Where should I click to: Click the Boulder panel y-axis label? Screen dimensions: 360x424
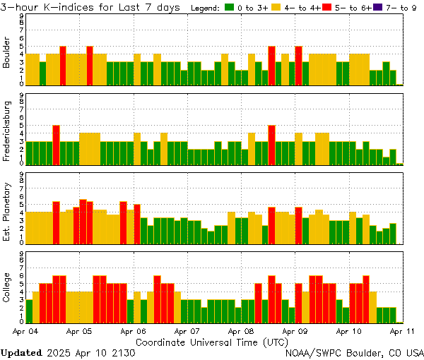[7, 52]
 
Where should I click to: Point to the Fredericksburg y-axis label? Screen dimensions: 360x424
[7, 131]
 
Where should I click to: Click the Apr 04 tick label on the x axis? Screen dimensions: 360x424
[25, 330]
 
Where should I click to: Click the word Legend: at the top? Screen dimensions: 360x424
[206, 8]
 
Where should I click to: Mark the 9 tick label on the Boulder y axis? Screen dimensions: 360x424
[21, 16]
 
